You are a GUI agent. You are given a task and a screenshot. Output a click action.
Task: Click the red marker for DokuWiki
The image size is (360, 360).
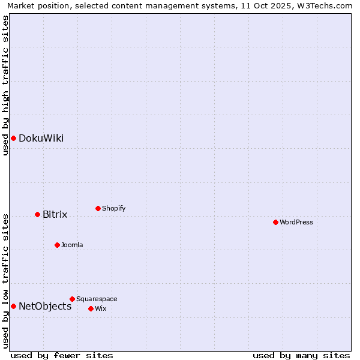coord(13,139)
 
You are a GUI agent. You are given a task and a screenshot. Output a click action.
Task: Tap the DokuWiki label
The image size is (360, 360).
coord(41,139)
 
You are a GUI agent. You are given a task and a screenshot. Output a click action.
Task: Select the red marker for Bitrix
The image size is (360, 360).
coord(37,214)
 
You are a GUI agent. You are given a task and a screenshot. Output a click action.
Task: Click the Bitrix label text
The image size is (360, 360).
coord(55,214)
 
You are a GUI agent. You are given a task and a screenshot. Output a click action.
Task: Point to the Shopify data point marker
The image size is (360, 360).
coord(98,208)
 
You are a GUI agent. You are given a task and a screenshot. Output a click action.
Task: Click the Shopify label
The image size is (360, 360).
coord(113,209)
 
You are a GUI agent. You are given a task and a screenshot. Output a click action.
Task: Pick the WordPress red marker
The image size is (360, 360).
coord(275,222)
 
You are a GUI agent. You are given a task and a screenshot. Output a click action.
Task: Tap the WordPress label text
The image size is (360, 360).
coord(296,223)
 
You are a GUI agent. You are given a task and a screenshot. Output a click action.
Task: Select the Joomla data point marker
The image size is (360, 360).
coord(57,245)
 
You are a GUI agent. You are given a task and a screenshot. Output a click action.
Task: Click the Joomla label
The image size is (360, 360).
coord(72,245)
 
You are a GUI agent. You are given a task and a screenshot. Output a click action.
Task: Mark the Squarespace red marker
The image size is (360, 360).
coord(72,299)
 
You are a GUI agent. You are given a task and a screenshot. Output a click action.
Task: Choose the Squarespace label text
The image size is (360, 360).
coord(97,299)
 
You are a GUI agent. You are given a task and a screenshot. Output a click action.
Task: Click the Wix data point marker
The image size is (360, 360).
coord(91,308)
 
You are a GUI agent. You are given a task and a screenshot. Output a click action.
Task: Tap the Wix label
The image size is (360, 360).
coord(100,309)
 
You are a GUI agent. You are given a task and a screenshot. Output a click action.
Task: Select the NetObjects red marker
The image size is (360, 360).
coord(13,306)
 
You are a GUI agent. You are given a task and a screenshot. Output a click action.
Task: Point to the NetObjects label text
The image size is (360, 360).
coord(45,307)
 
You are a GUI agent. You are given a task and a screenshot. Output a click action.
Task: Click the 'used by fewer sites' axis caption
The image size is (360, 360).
coord(62,356)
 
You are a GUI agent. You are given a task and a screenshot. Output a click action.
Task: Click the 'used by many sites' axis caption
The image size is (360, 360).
coord(301,356)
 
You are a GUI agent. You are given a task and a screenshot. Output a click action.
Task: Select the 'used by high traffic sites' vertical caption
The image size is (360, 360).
coord(5,85)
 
